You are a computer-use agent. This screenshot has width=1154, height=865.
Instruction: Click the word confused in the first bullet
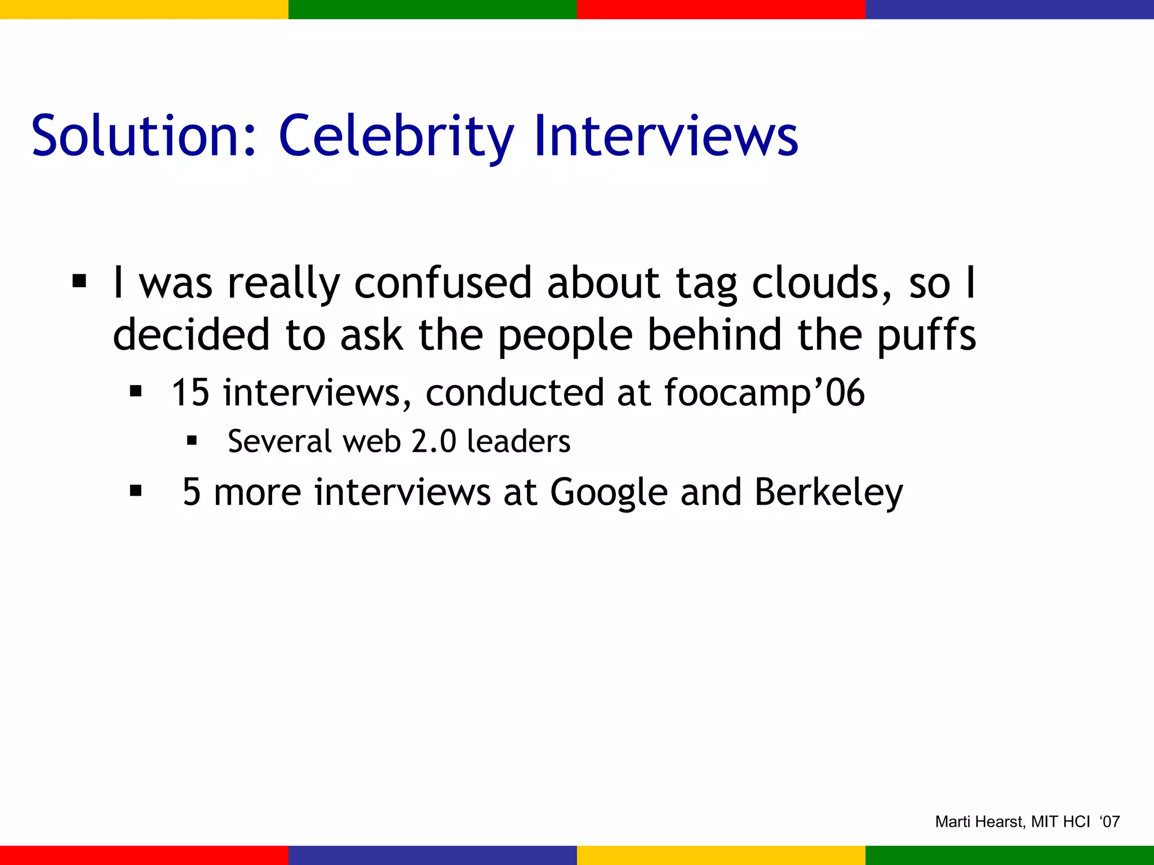click(443, 283)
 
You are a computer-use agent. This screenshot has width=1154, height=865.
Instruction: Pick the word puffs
click(927, 335)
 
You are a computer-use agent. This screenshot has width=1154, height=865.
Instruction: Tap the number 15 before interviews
click(190, 393)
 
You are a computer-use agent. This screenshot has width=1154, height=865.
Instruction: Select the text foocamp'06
click(764, 394)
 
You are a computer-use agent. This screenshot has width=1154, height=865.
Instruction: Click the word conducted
click(514, 393)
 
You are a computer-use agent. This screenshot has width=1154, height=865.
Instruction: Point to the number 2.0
click(433, 441)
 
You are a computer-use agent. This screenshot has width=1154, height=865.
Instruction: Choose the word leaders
click(518, 441)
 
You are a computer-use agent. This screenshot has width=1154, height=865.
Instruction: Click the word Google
click(609, 493)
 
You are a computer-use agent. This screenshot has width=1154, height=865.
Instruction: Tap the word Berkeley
click(828, 493)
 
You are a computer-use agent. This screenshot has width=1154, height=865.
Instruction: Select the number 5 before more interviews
click(192, 492)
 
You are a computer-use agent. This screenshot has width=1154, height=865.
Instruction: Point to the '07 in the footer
click(1109, 822)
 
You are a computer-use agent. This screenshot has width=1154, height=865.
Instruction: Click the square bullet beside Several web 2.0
click(192, 440)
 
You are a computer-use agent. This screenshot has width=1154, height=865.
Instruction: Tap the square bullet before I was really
click(79, 280)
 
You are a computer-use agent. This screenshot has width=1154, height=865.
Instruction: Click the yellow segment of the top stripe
click(144, 9)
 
